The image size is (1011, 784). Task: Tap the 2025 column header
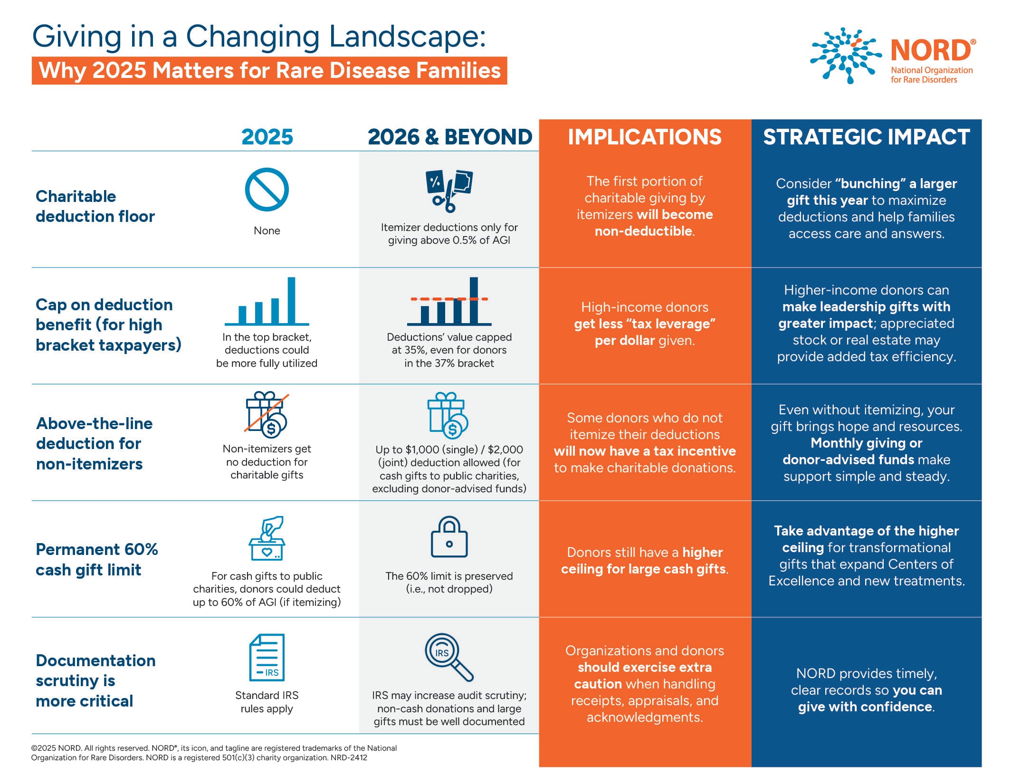[x=267, y=137]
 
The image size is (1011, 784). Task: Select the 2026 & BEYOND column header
[x=449, y=137]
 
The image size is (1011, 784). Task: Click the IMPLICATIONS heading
[x=645, y=137]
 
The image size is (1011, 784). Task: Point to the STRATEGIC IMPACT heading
[x=866, y=137]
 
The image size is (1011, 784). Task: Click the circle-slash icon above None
[x=267, y=190]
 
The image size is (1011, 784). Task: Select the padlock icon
[x=449, y=537]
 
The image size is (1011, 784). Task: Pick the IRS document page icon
[x=267, y=658]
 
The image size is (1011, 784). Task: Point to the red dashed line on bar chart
[x=449, y=299]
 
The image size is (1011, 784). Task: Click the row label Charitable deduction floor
[x=95, y=206]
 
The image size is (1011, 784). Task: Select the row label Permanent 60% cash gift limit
[x=96, y=559]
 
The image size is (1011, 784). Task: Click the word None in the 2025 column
[x=267, y=230]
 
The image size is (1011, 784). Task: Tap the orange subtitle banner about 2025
[x=269, y=70]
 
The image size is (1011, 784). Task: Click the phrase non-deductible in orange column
[x=643, y=231]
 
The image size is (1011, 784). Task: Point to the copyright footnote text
[x=214, y=753]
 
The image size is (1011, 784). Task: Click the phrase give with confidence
[x=865, y=707]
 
